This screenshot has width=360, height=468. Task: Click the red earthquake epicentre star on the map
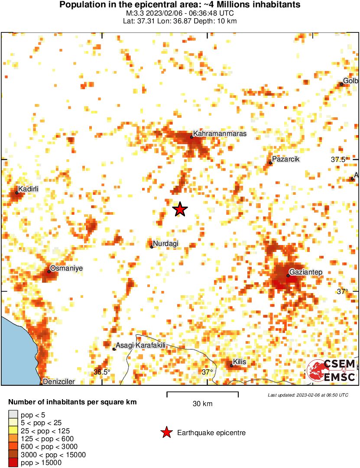[x=180, y=210]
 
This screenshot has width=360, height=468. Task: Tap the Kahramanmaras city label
[x=220, y=134]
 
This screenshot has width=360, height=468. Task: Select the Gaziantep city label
[x=305, y=272]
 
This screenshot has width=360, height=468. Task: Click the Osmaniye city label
[x=66, y=268]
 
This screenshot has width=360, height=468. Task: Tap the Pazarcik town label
[x=286, y=159]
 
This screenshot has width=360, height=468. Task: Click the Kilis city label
[x=240, y=361]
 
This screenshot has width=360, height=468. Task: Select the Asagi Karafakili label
[x=141, y=345]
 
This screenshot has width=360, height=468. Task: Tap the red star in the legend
[x=165, y=432]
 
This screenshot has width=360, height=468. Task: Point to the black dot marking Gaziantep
[x=288, y=275]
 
